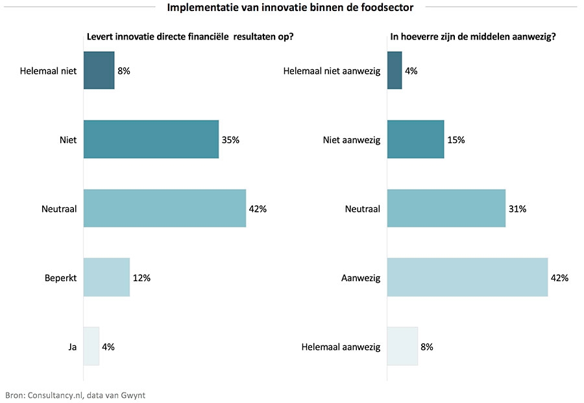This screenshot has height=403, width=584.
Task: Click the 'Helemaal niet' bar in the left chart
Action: coord(99,70)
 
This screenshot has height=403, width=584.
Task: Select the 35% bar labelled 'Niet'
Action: coord(151,139)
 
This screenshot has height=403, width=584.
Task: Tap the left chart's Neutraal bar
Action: coord(165,209)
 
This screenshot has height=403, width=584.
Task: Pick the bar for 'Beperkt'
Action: coord(106,277)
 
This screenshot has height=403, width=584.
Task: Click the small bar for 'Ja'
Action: coord(91,347)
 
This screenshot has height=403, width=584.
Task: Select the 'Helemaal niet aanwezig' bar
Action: coord(395,70)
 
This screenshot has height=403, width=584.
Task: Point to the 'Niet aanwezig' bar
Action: coord(415,139)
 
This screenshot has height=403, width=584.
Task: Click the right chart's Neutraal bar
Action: coord(446,209)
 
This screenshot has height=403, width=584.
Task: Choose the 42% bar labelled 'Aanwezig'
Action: coord(467,277)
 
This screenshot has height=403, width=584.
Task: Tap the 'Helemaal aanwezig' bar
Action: coord(402,347)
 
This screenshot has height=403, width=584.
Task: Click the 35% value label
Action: coord(230,139)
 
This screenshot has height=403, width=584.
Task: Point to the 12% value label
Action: coord(141,277)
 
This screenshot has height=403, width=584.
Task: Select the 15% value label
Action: coord(456,139)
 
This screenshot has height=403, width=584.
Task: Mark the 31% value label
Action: coord(517,209)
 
